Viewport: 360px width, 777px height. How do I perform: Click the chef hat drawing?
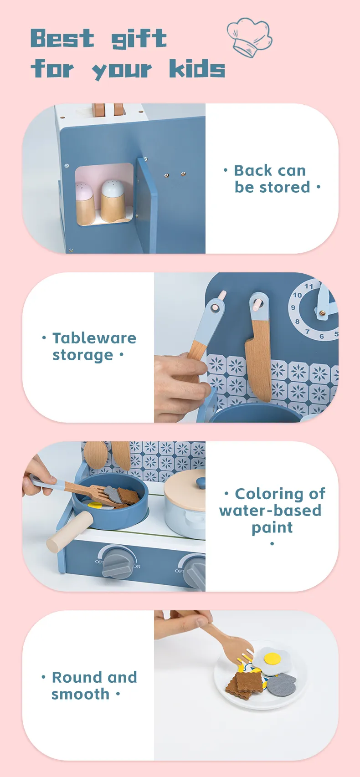[249, 37]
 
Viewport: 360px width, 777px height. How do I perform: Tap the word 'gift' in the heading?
[139, 39]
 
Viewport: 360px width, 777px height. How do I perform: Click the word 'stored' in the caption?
[285, 187]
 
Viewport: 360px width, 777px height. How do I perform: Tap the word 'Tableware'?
[94, 338]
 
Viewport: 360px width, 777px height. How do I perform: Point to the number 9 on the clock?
[293, 307]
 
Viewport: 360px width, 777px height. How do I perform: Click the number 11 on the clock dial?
[309, 286]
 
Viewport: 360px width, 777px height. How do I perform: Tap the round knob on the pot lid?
[201, 482]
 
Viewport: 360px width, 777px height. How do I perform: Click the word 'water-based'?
[270, 511]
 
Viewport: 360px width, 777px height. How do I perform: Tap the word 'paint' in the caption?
[272, 528]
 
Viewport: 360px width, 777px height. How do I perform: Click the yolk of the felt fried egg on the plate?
[273, 658]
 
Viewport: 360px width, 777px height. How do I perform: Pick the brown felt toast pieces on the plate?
[244, 685]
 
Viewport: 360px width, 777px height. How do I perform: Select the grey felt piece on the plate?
[282, 685]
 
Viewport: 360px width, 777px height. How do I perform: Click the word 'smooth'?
[81, 695]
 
